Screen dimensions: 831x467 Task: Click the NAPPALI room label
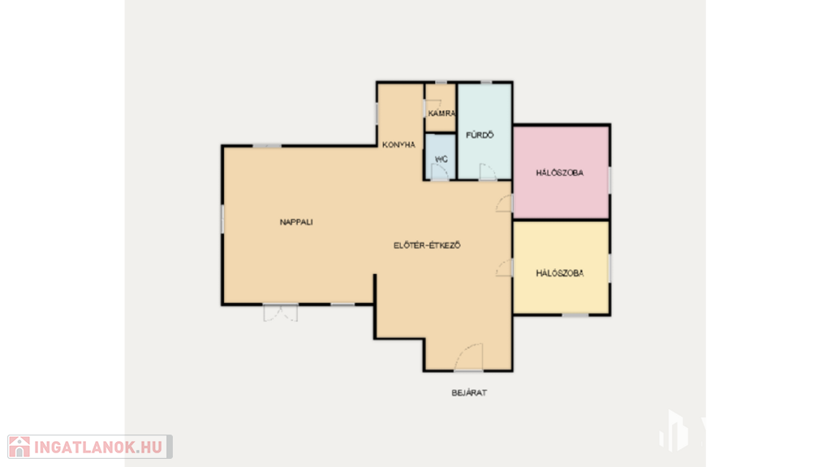click(x=296, y=222)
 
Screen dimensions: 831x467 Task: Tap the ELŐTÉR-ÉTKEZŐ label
click(x=427, y=246)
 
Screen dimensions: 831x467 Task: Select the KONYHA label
click(x=399, y=145)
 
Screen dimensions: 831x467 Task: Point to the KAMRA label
click(x=442, y=114)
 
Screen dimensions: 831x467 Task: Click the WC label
click(x=441, y=160)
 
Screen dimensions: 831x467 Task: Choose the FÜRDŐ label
click(x=480, y=135)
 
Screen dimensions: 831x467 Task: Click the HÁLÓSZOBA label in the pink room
click(x=560, y=174)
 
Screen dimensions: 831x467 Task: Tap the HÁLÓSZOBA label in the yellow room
click(x=560, y=274)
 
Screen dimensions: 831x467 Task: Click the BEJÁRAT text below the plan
click(x=469, y=393)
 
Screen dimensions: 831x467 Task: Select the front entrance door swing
click(x=468, y=358)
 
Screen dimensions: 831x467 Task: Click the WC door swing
click(x=440, y=173)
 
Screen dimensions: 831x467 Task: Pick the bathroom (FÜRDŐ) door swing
click(x=488, y=172)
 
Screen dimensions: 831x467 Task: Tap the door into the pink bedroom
click(x=505, y=204)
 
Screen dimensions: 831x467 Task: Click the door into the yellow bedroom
click(x=505, y=268)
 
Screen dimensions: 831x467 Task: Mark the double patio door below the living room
click(x=280, y=313)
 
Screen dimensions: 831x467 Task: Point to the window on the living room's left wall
click(x=222, y=219)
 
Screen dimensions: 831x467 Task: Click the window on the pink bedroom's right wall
click(x=609, y=181)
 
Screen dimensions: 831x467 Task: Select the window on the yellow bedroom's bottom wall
click(x=575, y=315)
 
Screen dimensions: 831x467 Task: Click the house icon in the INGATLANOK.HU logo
click(x=19, y=447)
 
